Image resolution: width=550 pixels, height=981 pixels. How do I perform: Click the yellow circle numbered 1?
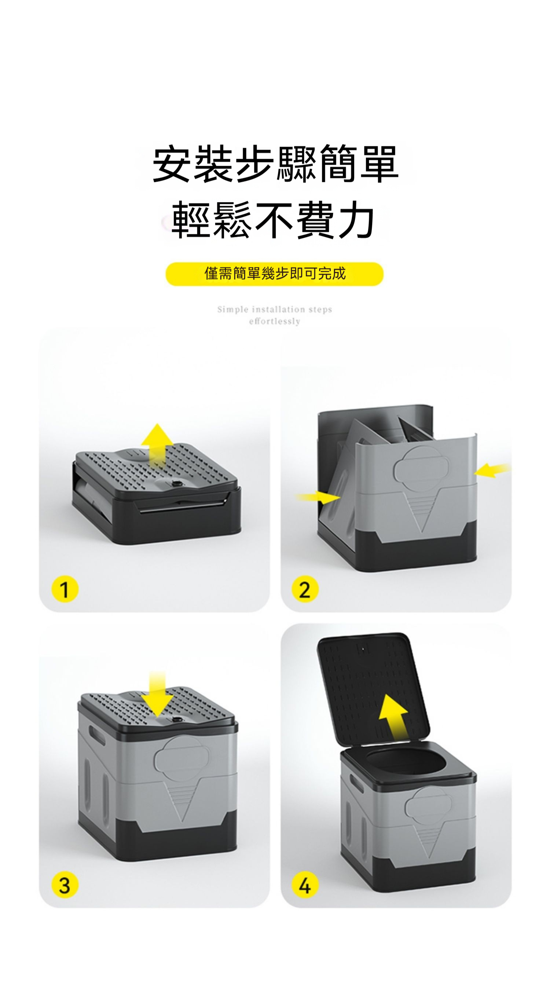coord(65,589)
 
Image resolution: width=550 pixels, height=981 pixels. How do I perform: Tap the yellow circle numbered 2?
coord(305,589)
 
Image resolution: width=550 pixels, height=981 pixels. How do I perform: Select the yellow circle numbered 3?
coord(65,885)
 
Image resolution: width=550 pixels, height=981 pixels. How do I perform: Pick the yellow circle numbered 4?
coord(305,885)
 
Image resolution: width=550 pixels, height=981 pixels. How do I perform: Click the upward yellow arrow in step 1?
coord(157,446)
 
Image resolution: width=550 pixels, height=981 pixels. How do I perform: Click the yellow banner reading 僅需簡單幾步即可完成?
coord(274,274)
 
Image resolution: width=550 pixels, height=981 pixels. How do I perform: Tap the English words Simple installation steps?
coord(275,309)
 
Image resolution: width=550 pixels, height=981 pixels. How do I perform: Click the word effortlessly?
coord(275,321)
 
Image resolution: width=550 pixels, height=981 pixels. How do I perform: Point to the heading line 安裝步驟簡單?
coord(275,164)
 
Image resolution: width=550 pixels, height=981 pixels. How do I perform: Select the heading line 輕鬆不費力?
coord(273,220)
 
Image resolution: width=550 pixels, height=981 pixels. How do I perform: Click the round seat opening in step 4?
coord(406,763)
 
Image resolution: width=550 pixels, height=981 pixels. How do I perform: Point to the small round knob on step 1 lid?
coord(176,484)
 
